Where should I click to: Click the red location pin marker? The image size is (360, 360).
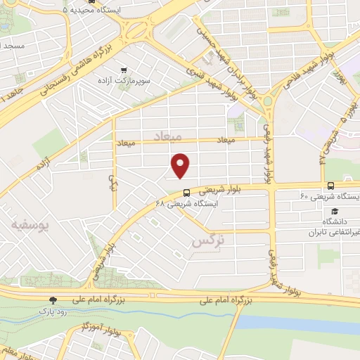point(181,165)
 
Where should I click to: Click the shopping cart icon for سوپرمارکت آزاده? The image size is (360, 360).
point(124,70)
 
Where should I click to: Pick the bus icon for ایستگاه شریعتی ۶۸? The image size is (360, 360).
point(186,193)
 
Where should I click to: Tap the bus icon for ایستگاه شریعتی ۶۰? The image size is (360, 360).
point(331,186)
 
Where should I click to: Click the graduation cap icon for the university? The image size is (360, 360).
point(335,211)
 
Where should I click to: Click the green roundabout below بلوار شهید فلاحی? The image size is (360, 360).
point(268,102)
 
